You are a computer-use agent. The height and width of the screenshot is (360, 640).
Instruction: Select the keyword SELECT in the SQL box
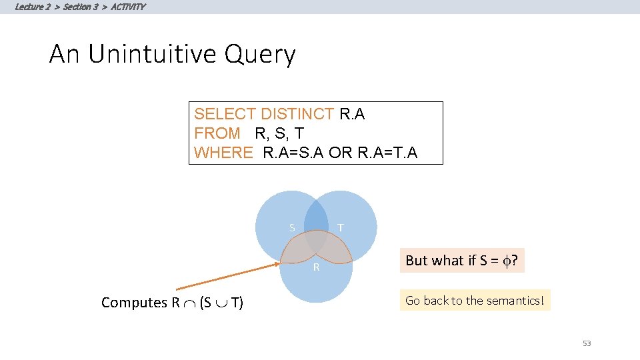coord(225,115)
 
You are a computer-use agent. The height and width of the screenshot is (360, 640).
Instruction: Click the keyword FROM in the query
coord(217,133)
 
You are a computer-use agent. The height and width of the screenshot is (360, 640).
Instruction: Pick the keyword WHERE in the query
coord(223,153)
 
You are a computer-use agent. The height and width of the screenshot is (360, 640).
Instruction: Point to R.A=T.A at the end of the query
coord(387,153)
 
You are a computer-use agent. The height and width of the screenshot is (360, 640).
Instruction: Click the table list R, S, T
coord(279,133)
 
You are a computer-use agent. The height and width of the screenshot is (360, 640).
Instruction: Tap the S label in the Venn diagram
coord(292,228)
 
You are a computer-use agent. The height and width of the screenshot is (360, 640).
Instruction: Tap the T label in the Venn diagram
coord(341,228)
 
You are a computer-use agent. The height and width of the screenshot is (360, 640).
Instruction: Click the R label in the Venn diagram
coord(317,268)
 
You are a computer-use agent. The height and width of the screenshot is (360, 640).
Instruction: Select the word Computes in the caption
coord(133,303)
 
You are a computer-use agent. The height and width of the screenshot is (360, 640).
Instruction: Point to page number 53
coord(587,343)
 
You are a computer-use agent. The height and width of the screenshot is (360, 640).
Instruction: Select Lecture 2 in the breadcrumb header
coord(33,7)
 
